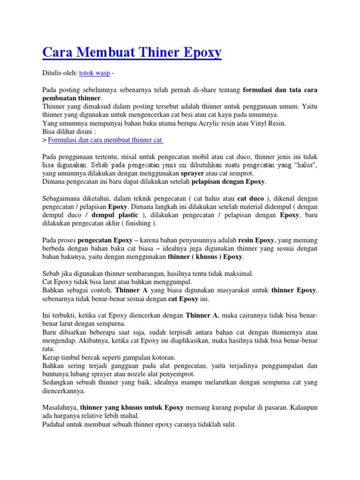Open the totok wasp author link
pos(95,73)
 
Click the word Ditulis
pos(52,73)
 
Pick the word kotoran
pos(162,357)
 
